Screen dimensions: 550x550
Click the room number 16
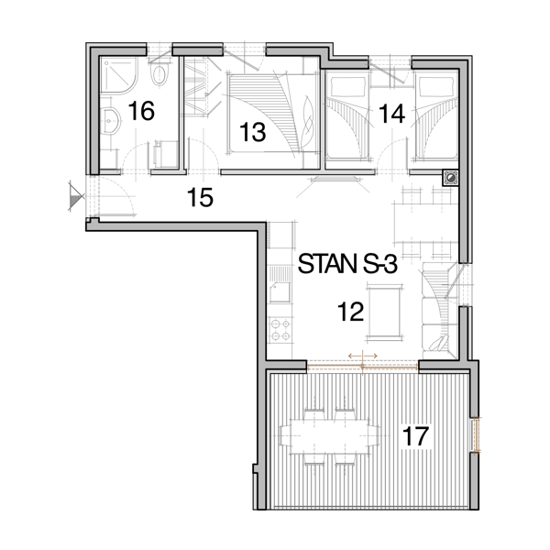tap(141, 111)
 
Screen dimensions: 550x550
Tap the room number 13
tap(253, 132)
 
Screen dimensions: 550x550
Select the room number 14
tap(391, 114)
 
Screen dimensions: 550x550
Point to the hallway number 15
tap(200, 197)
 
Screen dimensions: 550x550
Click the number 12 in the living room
tap(350, 312)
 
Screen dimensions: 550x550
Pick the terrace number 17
tap(415, 436)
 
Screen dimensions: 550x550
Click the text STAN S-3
tap(347, 264)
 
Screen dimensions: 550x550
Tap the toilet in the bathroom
tap(159, 74)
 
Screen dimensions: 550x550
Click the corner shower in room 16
tap(118, 75)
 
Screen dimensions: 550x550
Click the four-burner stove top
tap(281, 330)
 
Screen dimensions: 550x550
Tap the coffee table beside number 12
tap(383, 312)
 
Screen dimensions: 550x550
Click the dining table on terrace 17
tap(330, 436)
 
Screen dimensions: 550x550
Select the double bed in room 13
tap(273, 114)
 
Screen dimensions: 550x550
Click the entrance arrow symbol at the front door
tap(76, 196)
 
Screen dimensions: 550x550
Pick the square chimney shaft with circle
tap(450, 178)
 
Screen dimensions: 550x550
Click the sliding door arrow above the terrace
tap(363, 356)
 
